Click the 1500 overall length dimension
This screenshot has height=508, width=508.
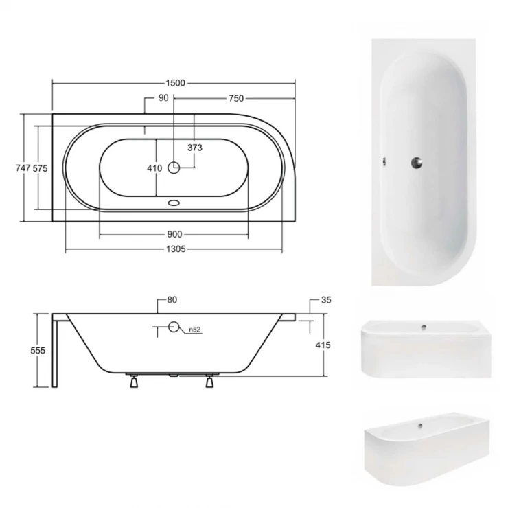[x=175, y=83]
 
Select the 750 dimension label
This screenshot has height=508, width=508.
[x=236, y=98]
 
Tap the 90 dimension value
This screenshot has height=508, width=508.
[x=163, y=97]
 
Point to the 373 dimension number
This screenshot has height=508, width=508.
[x=195, y=148]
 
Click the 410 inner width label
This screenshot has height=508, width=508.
[x=154, y=168]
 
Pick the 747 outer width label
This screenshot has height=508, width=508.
[x=23, y=168]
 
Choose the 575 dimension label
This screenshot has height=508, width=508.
[x=41, y=168]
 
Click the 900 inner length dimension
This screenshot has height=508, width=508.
[x=174, y=234]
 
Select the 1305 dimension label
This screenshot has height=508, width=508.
[x=176, y=249]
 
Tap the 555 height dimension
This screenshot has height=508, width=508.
[x=38, y=350]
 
